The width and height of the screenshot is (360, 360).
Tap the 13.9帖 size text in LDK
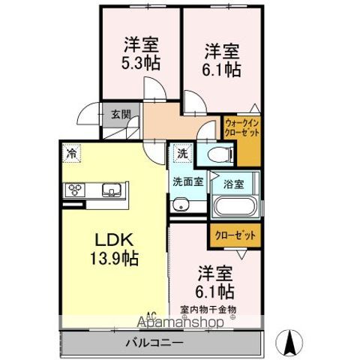click(114, 257)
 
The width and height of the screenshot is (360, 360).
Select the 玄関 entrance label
click(121, 115)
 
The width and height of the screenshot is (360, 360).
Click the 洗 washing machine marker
click(182, 152)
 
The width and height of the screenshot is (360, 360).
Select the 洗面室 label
click(187, 181)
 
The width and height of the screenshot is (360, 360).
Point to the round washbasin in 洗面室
click(181, 206)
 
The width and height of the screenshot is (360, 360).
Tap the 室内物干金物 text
click(208, 308)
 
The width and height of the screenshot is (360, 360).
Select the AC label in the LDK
click(151, 315)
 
